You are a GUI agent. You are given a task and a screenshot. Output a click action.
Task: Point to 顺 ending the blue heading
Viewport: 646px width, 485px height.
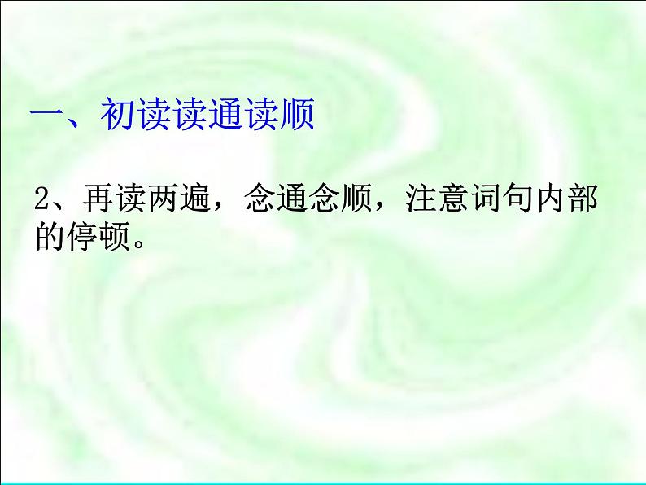296,116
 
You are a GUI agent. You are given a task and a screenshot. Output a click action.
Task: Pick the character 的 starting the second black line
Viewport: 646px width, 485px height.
50,236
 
